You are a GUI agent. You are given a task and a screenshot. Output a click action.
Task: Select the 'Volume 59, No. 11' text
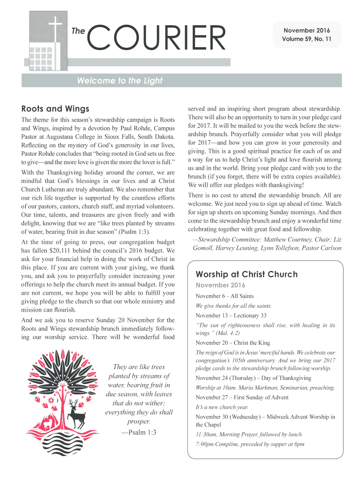[x=307, y=39]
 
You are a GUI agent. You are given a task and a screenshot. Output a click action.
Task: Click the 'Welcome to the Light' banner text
[x=120, y=81]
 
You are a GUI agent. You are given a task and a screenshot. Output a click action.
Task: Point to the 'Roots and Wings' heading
[x=56, y=109]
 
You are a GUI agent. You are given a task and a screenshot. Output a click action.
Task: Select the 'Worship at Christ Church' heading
[x=246, y=274]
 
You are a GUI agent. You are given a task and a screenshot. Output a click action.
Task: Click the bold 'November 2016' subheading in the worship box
[x=220, y=285]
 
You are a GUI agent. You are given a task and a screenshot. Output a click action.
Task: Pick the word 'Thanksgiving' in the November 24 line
[x=293, y=378]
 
